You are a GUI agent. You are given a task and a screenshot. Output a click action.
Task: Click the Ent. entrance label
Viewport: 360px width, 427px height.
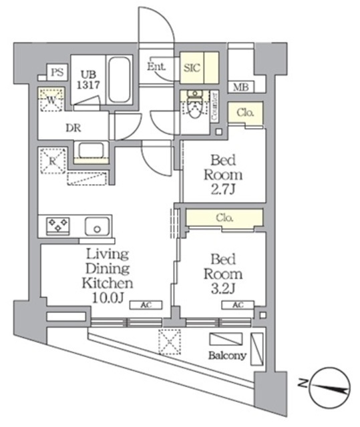click(156, 67)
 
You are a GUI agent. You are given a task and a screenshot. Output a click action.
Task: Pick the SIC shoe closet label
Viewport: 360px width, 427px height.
click(192, 67)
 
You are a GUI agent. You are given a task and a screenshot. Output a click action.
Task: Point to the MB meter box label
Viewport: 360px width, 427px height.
click(238, 86)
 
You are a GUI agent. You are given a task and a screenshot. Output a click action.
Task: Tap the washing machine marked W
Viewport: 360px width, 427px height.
click(51, 101)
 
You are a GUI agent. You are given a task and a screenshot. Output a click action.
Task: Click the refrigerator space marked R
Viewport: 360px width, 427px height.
click(52, 160)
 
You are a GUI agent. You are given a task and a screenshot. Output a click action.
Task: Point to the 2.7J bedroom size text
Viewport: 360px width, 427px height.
click(226, 189)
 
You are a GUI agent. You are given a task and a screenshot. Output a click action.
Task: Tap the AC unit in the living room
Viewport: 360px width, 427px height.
click(146, 305)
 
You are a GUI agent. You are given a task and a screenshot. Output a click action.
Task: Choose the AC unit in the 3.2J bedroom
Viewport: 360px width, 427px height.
click(238, 305)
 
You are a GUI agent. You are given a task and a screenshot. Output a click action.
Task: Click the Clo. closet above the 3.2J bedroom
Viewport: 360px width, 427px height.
click(224, 217)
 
